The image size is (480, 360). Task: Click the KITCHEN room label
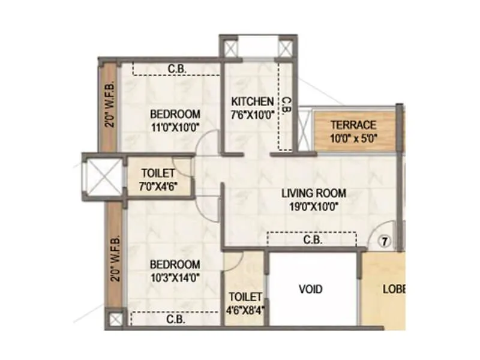point(251,101)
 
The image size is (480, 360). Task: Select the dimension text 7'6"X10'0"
point(251,114)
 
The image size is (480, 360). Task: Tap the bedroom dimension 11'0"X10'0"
point(175,127)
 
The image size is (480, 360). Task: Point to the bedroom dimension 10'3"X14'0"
point(175,277)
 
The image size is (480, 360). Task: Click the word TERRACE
point(354,125)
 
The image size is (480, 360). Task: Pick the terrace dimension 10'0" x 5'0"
point(354,137)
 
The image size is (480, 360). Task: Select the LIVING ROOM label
point(314,193)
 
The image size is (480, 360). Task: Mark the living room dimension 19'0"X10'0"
point(314,206)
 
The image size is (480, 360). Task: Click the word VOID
point(311,289)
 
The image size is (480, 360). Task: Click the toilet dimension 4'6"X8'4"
point(245,310)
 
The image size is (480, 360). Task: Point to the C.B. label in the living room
point(313,240)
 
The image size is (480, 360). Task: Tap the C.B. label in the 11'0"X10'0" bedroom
point(176,69)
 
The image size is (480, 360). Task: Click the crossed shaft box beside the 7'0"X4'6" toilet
point(100,178)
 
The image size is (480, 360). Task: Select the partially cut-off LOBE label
point(394,289)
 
